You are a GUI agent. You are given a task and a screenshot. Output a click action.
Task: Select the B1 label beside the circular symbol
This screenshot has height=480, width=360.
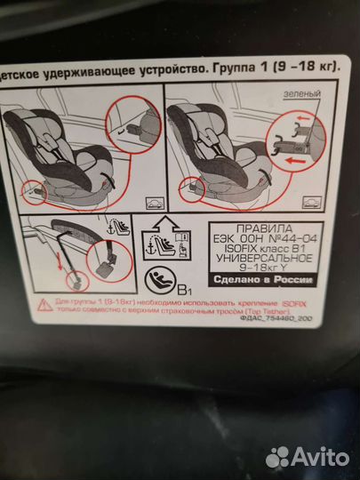coord(188,288)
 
